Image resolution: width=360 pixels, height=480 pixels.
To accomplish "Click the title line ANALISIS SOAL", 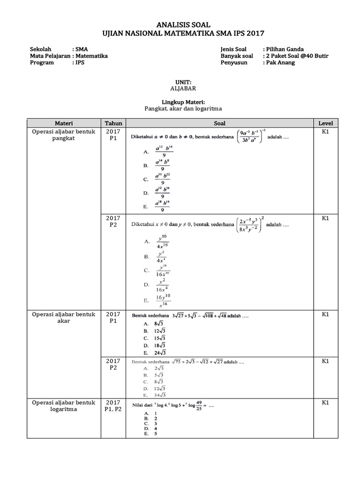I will click(x=180, y=24).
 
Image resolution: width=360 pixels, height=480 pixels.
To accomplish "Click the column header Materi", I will click(x=63, y=123).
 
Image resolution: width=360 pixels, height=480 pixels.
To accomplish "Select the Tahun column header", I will click(x=113, y=123).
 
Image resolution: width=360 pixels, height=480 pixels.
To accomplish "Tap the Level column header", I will click(x=325, y=123).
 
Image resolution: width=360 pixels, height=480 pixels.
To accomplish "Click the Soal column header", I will click(x=219, y=123).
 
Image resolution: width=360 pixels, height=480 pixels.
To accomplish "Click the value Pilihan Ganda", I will click(x=285, y=49).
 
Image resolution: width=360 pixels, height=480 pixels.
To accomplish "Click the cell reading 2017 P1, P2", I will click(x=113, y=406).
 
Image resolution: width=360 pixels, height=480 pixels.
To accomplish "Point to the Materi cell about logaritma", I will click(x=63, y=406).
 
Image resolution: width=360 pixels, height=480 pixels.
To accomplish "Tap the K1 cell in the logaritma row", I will click(x=325, y=403).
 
